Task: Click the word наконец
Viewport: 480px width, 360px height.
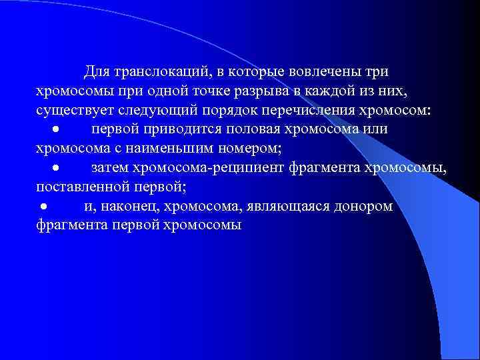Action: coord(127,206)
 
